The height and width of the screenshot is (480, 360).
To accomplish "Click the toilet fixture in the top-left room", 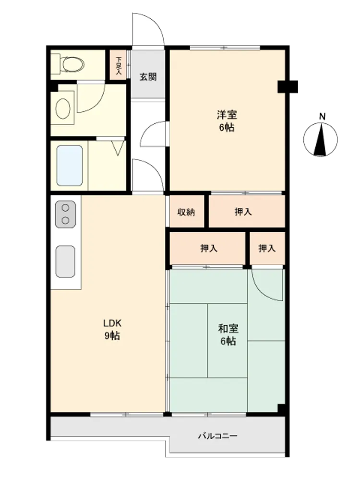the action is click(68, 64).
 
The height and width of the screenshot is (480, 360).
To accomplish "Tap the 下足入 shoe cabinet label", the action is click(119, 66).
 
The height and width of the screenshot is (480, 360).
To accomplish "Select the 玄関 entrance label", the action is click(148, 76).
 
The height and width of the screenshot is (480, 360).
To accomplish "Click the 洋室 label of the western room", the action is click(227, 115).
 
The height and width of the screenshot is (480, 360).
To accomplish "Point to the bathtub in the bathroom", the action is click(70, 166).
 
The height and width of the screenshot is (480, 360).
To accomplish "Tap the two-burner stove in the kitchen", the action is click(65, 214).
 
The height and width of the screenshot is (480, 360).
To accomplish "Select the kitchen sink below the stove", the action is click(65, 262).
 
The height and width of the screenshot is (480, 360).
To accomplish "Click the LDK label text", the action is click(112, 323).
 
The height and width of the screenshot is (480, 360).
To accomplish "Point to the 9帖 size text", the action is click(112, 336).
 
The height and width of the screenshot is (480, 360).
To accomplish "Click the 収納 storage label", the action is click(186, 212).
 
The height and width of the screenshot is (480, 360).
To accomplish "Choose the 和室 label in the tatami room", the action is click(228, 329).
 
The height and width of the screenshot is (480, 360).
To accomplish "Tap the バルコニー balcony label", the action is click(217, 436).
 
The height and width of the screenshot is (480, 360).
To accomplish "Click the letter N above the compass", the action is click(322, 116).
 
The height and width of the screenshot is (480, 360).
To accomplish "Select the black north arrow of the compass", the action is click(321, 139).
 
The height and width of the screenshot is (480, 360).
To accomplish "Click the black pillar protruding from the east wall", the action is click(288, 86).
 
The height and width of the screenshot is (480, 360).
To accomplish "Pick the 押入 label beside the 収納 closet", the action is click(243, 212).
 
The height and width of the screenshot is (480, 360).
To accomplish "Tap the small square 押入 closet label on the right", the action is click(267, 248).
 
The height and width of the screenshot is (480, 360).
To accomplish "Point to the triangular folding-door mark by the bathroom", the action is click(119, 147).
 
